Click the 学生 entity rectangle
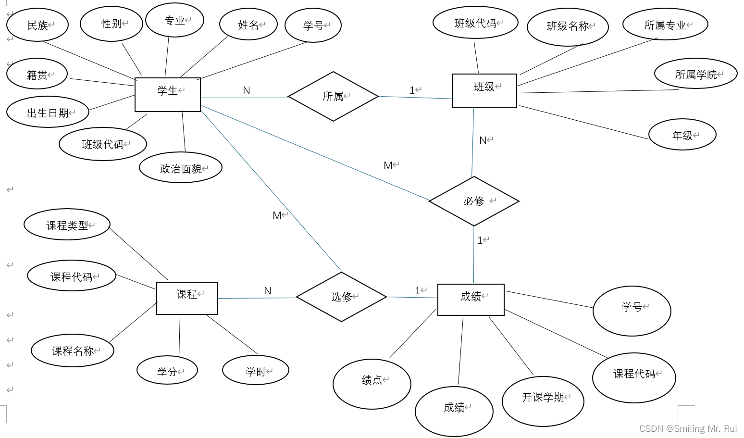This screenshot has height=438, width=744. [x=167, y=95]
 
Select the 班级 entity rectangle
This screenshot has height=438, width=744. [x=484, y=90]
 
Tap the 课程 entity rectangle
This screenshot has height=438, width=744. [x=186, y=298]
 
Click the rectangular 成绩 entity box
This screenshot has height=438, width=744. [x=471, y=300]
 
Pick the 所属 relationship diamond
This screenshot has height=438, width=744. [x=333, y=97]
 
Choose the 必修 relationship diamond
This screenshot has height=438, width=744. [x=474, y=201]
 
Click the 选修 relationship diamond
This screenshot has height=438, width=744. [x=341, y=297]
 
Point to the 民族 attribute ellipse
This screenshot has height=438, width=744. [x=37, y=25]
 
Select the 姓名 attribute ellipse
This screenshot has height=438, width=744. [x=248, y=25]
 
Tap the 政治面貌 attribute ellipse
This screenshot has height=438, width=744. [x=181, y=168]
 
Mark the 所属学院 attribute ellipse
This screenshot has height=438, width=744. [x=695, y=75]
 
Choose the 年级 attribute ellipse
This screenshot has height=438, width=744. [x=682, y=136]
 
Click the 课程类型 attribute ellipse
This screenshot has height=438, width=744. [x=67, y=225]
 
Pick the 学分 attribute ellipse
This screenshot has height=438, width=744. [x=167, y=371]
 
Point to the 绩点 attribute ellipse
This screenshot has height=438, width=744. [x=372, y=383]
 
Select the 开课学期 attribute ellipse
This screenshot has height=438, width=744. [x=543, y=400]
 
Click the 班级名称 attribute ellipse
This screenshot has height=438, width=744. [x=568, y=27]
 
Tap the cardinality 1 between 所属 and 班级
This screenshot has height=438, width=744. [x=412, y=90]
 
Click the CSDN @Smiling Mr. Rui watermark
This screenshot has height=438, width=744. [x=688, y=428]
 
